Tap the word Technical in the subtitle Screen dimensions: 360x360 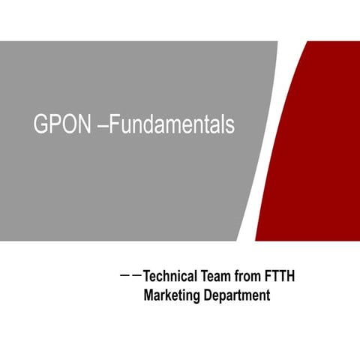click(x=169, y=277)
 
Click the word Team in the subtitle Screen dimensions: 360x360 click(x=219, y=277)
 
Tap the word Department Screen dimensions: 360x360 click(x=236, y=295)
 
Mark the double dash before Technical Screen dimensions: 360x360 click(x=130, y=277)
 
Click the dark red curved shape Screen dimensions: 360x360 click(x=315, y=150)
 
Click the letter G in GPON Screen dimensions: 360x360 click(x=41, y=125)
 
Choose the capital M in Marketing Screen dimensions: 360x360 click(x=148, y=295)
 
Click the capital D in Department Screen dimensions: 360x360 click(x=208, y=295)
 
